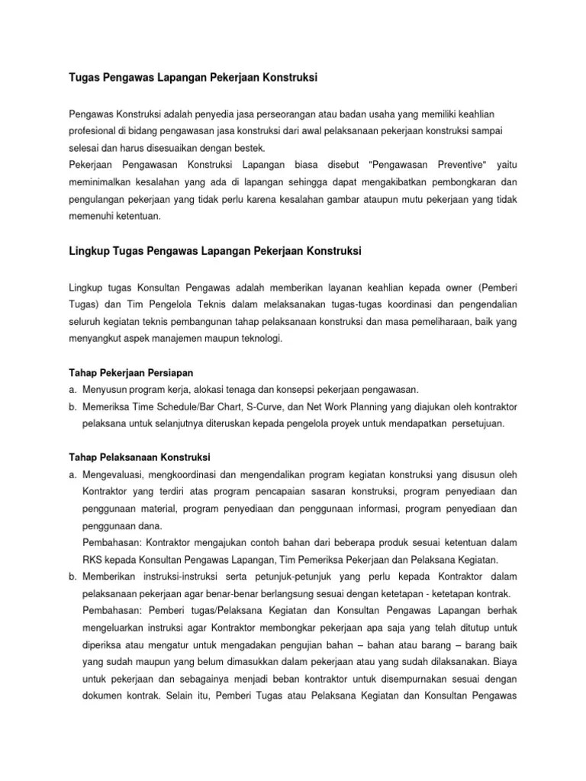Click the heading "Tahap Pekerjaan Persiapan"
coord(126,372)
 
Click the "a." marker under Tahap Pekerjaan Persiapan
coord(72,389)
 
